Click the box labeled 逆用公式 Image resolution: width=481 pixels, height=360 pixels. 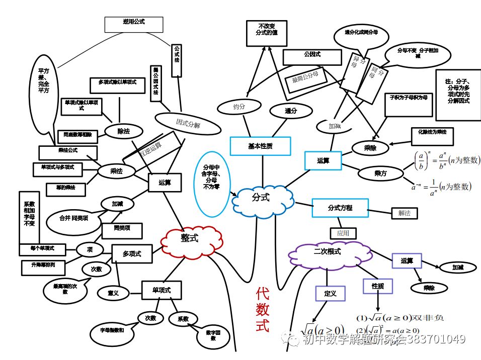[x=134, y=23]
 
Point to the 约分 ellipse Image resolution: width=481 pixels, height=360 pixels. [x=239, y=107]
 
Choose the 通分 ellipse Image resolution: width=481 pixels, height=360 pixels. [x=291, y=111]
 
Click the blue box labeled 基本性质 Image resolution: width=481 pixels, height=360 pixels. [x=260, y=146]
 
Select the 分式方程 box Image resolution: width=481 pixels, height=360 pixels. [x=340, y=208]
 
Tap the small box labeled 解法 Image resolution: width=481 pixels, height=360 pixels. [x=405, y=213]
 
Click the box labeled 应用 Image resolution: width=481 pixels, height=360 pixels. [x=343, y=233]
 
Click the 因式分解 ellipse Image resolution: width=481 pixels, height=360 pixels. [x=188, y=123]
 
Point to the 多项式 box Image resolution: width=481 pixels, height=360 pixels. [x=131, y=254]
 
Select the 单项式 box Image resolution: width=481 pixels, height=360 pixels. [x=161, y=290]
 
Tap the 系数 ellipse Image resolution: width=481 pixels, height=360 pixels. [x=183, y=319]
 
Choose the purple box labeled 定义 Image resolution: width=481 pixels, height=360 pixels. [x=330, y=293]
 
